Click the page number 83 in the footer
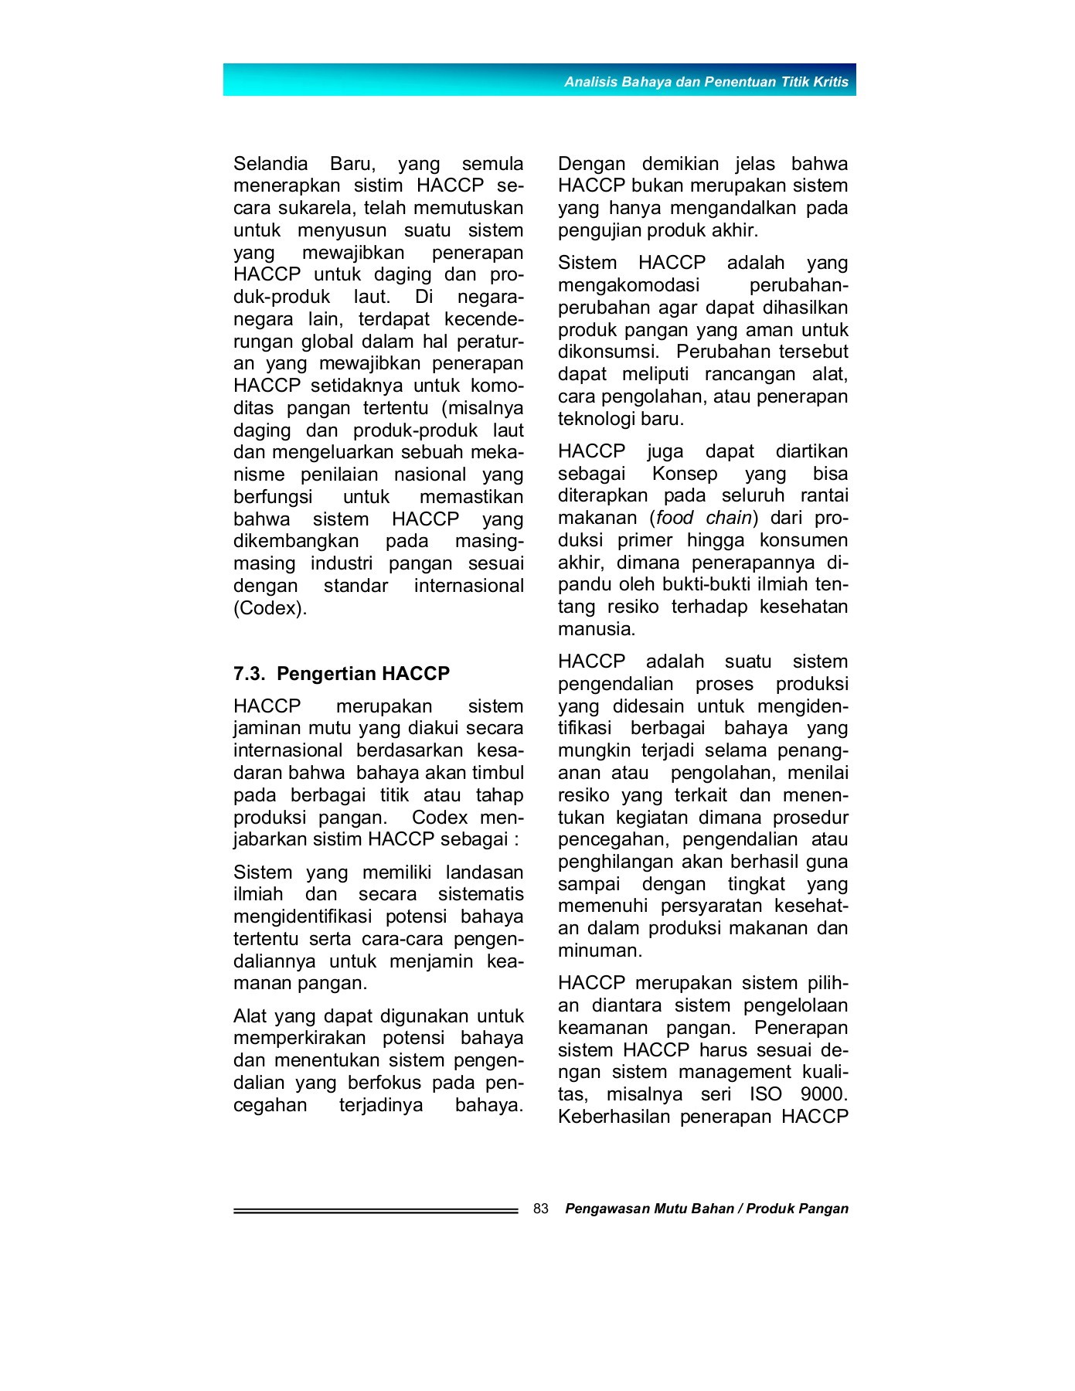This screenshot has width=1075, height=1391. coord(541,1209)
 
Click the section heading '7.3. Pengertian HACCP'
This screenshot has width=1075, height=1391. coord(341,674)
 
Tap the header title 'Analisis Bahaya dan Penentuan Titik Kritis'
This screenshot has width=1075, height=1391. coord(706,82)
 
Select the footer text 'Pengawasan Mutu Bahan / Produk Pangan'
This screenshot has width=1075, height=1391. coord(706,1209)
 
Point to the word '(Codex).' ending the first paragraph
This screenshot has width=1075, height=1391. coord(270,608)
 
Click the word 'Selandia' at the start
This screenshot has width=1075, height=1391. coord(270,164)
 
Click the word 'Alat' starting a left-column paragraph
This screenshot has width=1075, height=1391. coord(250,1016)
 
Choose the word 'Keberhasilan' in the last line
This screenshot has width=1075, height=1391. coord(614,1117)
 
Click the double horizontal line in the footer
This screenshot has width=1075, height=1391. coord(376,1211)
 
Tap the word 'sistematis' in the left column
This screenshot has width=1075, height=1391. coord(481,895)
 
